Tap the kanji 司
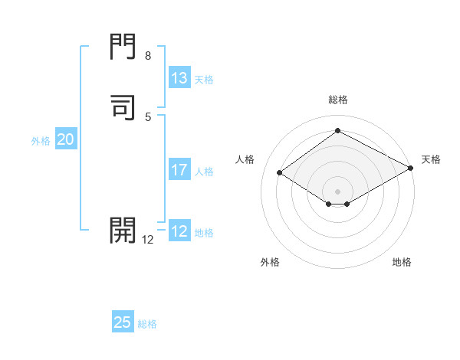pos(123,106)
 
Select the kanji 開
pos(123,229)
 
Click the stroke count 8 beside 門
pos(148,56)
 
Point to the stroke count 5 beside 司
pos(148,116)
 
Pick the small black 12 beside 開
pos(148,240)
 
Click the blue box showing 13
pos(179,78)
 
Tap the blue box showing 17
pos(179,170)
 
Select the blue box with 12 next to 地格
pos(179,231)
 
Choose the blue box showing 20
pos(66,139)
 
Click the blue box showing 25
pos(123,322)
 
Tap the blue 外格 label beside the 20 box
pos(41,141)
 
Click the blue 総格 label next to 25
pos(147,324)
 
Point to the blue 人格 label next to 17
pos(205,172)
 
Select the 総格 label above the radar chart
pos(337,100)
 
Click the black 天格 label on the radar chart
pos(431,159)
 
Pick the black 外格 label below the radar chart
pos(270,262)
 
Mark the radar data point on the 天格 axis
pos(411,170)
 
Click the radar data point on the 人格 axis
pos(280,173)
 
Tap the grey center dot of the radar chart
pos(337,191)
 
